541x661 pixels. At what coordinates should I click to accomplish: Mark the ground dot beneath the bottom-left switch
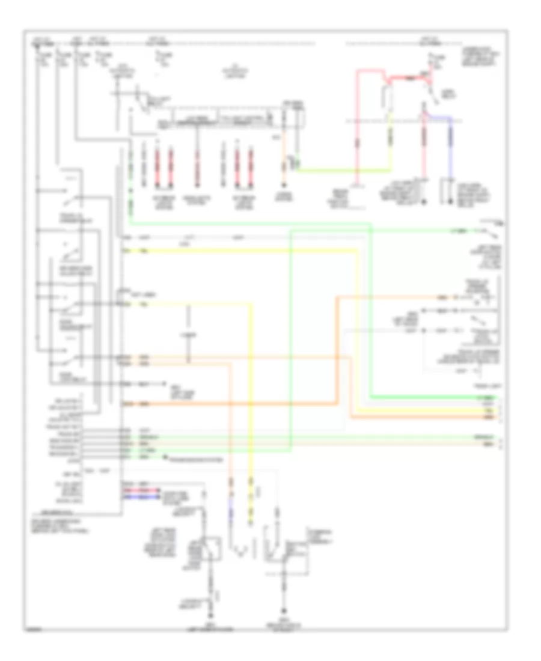[210, 617]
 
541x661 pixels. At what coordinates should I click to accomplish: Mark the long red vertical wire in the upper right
[357, 132]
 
